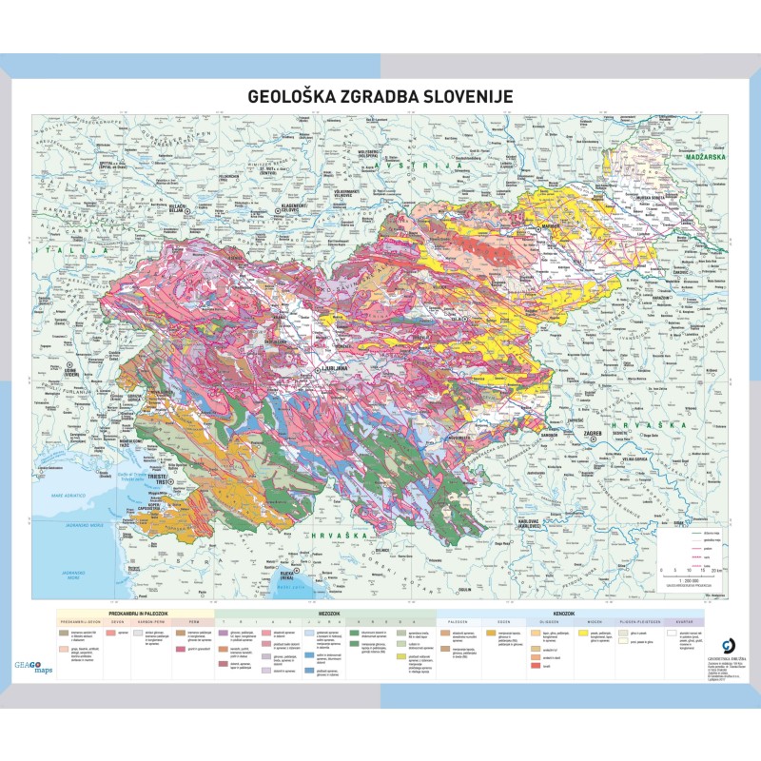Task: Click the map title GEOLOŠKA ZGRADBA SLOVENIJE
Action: pyautogui.click(x=380, y=96)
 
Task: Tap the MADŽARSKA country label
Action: pyautogui.click(x=700, y=154)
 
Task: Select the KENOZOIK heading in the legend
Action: pyautogui.click(x=568, y=615)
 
